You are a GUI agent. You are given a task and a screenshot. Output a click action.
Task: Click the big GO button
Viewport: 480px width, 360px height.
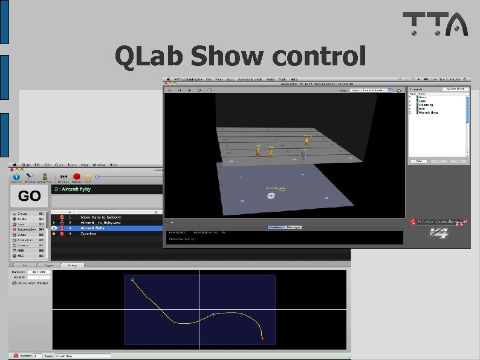30,195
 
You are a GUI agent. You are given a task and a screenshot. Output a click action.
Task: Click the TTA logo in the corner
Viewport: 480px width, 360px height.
435,24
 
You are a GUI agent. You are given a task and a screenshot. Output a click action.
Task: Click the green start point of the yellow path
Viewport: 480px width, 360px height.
132,280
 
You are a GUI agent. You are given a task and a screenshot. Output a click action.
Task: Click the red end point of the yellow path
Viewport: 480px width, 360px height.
262,339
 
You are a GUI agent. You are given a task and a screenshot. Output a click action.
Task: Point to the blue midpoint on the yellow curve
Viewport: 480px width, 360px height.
213,314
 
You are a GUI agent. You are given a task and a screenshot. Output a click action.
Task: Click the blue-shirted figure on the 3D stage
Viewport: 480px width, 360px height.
303,155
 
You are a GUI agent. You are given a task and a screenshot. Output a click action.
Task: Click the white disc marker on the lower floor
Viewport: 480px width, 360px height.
271,195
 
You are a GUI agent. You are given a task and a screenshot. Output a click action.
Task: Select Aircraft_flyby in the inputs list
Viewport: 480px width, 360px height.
429,113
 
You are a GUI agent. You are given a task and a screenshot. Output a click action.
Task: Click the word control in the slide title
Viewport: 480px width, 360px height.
319,56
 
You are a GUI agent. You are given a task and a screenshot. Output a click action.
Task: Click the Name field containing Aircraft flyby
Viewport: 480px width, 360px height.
82,356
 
